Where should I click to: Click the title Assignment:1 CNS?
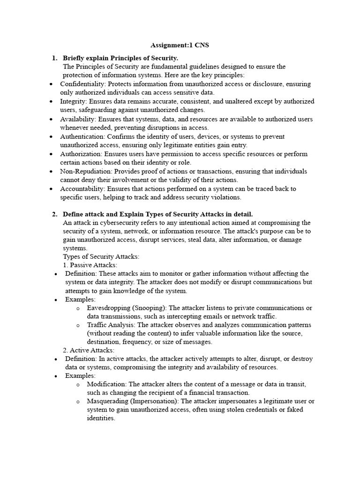coord(180,45)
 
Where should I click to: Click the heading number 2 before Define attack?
coord(54,214)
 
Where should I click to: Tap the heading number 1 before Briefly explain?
coord(54,58)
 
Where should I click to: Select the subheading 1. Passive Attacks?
coord(90,265)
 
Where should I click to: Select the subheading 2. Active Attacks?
coord(89,350)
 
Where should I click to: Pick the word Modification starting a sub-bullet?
coord(106,384)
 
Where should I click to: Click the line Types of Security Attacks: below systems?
coord(101,256)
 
